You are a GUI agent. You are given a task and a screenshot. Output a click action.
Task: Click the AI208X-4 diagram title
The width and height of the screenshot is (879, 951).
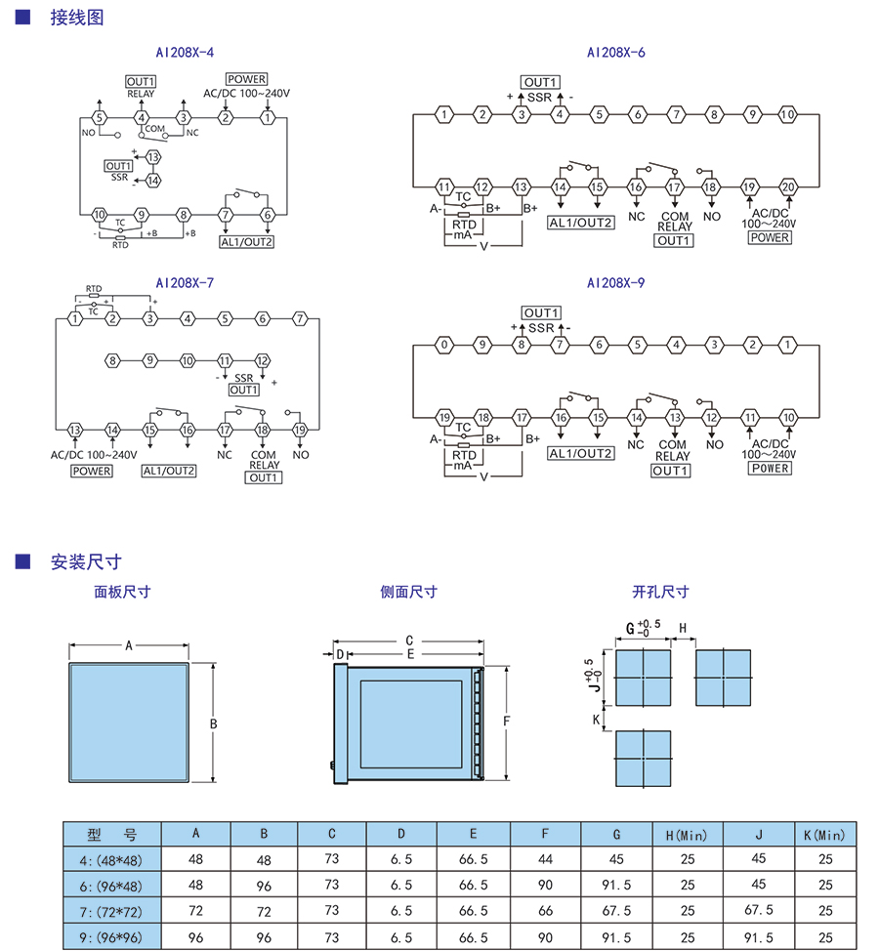[x=185, y=53]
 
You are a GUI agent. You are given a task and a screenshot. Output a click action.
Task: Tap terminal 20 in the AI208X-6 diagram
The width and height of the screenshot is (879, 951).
[x=789, y=186]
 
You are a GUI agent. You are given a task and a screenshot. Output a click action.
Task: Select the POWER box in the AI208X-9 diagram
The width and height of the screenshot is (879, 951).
[x=770, y=468]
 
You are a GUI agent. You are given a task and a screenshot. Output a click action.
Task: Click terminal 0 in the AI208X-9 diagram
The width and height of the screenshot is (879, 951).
[x=444, y=345]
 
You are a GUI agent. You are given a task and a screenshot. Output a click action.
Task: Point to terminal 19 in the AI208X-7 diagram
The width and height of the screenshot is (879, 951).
[x=301, y=430]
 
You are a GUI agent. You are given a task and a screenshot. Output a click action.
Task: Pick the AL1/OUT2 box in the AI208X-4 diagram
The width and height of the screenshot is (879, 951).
[x=246, y=242]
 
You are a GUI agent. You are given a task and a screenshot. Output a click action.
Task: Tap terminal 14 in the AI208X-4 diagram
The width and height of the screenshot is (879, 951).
[x=153, y=181]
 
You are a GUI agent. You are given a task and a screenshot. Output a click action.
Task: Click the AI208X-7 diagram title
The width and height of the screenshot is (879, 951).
[x=185, y=283]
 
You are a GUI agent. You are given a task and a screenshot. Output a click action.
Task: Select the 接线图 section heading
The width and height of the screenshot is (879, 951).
[x=77, y=18]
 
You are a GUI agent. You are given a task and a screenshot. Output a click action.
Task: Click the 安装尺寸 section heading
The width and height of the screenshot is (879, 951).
[x=85, y=561]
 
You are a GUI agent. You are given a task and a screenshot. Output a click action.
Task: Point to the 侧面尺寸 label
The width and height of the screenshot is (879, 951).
[x=408, y=592]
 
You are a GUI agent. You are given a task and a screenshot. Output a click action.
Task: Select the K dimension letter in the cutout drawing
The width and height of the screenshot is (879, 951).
[x=596, y=719]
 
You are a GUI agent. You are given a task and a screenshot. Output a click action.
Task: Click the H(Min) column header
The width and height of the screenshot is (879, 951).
[x=687, y=835]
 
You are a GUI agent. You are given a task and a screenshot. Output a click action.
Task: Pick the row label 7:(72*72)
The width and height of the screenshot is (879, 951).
[x=111, y=910]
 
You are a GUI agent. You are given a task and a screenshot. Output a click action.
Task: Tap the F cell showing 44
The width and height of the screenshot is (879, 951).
[x=545, y=860]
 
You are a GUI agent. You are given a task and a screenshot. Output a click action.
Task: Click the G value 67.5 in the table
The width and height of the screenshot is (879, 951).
[x=616, y=910]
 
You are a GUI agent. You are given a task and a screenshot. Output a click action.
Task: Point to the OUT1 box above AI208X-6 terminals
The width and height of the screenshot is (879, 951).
[x=539, y=82]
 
